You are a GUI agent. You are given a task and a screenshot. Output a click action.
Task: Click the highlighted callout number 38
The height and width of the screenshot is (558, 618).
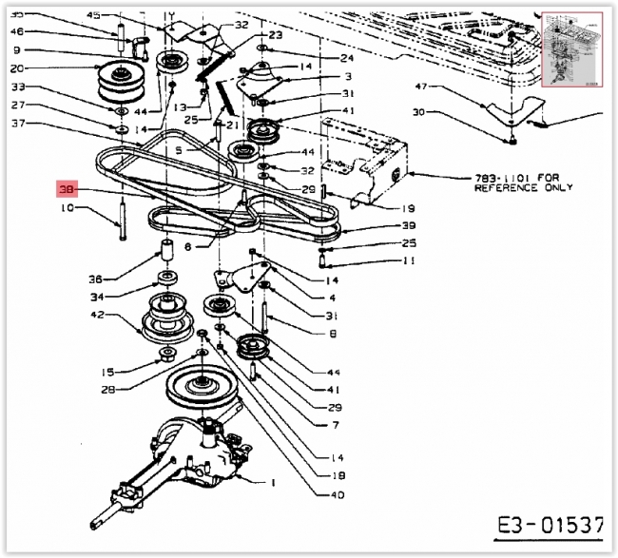(x=66, y=189)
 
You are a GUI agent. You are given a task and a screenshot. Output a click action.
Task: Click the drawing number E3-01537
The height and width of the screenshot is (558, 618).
(x=550, y=524)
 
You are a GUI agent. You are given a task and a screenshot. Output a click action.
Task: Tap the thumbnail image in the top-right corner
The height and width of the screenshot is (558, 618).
(x=570, y=50)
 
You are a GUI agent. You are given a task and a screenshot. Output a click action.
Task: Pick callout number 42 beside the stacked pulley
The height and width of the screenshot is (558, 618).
(x=97, y=315)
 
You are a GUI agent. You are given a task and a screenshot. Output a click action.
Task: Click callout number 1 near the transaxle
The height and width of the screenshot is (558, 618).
(x=273, y=483)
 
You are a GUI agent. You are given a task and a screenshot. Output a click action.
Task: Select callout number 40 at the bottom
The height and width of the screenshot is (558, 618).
(x=338, y=493)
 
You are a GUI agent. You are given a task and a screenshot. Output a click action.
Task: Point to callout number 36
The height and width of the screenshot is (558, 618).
(x=95, y=279)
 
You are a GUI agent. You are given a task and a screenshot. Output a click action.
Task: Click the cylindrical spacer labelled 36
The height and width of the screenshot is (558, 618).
(x=165, y=254)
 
